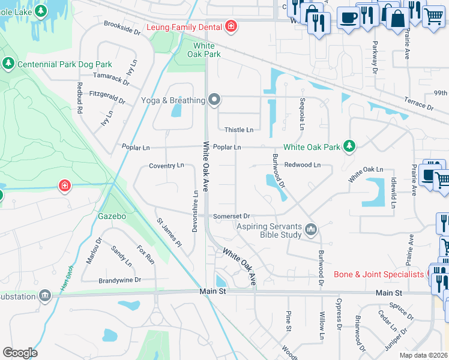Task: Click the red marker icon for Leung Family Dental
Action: point(231,26)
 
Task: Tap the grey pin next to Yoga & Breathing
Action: point(214,100)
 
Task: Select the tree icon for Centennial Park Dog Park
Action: point(8,63)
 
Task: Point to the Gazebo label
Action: point(112,215)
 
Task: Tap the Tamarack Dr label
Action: point(111,78)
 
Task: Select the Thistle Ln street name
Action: point(238,130)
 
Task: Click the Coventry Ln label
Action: point(166,166)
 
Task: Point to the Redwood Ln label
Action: point(303,164)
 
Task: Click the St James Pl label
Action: point(169,232)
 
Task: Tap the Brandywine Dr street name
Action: point(119,280)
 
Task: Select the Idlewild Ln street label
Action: point(393,192)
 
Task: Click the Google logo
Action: point(19,353)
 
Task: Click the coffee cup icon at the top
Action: point(348,17)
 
